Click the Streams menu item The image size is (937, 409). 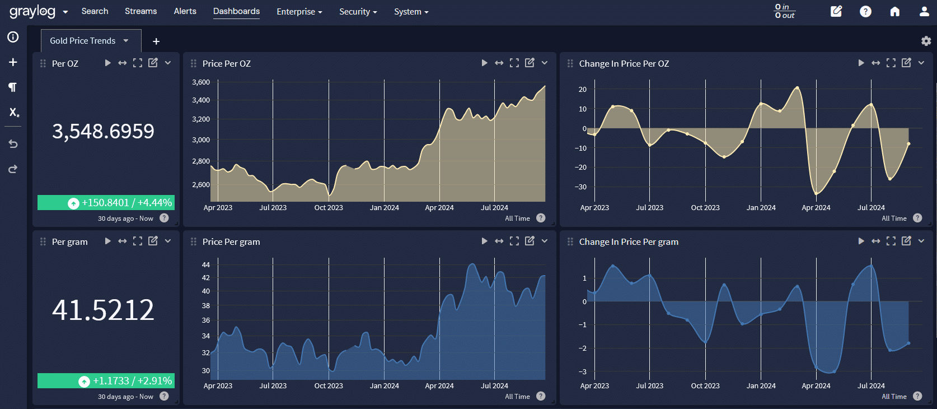click(x=140, y=11)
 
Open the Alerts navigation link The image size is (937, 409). click(x=185, y=11)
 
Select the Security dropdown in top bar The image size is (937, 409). click(x=358, y=12)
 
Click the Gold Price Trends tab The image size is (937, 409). click(x=83, y=41)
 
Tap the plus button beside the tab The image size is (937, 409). click(x=156, y=41)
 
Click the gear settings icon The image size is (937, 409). click(x=926, y=41)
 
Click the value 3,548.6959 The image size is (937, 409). click(x=103, y=131)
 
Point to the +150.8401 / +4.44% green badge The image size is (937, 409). click(x=106, y=203)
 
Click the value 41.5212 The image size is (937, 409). click(x=103, y=310)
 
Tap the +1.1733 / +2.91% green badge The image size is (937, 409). click(x=106, y=381)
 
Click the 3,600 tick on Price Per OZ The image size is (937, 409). click(x=201, y=82)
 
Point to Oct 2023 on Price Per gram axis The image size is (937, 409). click(x=329, y=386)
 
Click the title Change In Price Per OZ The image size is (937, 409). click(x=624, y=63)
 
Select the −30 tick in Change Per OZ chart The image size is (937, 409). click(x=580, y=187)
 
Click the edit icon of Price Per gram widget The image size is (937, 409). click(x=530, y=241)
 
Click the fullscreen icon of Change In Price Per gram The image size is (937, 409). click(x=891, y=241)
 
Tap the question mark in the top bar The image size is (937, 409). click(x=865, y=12)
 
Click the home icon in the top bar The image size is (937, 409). click(x=894, y=12)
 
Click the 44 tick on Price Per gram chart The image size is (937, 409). click(x=206, y=264)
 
